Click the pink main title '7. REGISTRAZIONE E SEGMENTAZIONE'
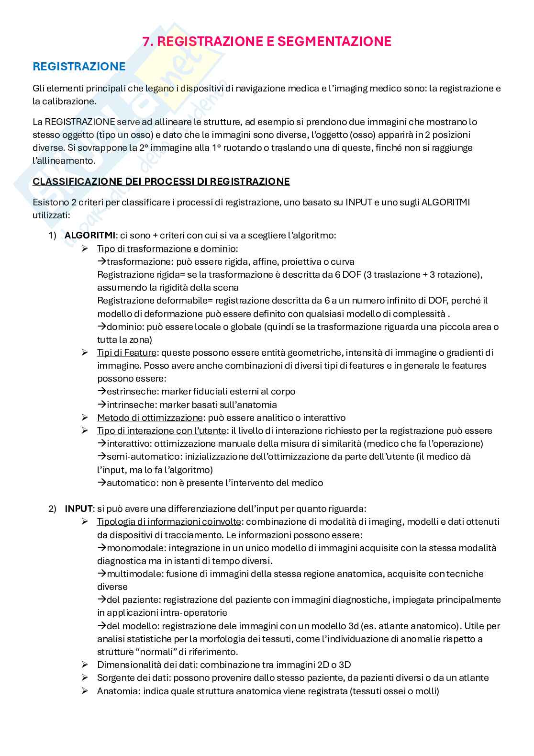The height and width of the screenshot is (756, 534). [x=267, y=42]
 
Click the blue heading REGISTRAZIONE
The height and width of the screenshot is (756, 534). [x=79, y=67]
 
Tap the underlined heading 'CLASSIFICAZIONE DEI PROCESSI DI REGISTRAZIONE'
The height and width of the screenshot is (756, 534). [x=161, y=181]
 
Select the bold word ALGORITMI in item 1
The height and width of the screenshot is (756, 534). [x=89, y=235]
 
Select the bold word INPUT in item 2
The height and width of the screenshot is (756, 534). [x=78, y=508]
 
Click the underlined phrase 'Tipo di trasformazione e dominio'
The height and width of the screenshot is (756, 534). [x=166, y=248]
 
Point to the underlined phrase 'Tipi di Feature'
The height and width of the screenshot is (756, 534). [x=126, y=352]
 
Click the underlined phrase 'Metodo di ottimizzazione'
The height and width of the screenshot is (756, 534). [x=149, y=417]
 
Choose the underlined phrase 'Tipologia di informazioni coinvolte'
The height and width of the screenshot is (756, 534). [x=168, y=521]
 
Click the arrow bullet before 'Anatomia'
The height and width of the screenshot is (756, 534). [x=85, y=691]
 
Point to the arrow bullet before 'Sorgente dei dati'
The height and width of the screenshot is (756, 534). [x=85, y=677]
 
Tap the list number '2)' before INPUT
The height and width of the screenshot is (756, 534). [x=53, y=508]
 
